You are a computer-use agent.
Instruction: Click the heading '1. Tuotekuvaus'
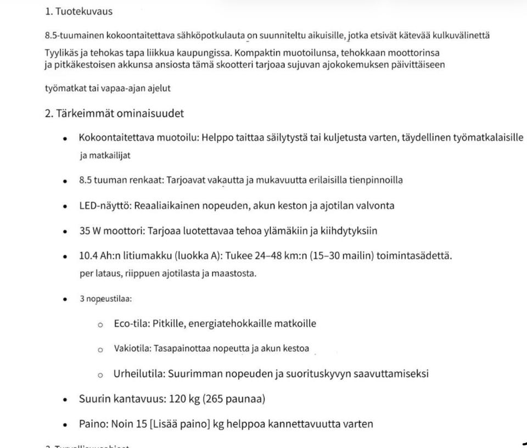point(79,11)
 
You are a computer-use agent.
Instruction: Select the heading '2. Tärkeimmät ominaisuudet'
point(114,114)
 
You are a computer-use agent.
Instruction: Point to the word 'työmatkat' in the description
point(63,88)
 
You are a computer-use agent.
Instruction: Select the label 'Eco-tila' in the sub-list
point(131,323)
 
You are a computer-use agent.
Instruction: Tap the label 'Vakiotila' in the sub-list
point(132,349)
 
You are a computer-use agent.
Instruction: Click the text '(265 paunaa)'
point(234,399)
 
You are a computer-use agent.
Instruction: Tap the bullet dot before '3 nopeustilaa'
point(65,299)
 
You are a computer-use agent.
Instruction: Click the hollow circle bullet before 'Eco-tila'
point(100,324)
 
